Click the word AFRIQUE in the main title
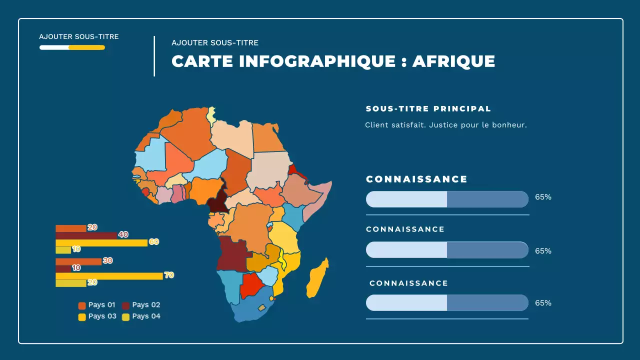click(453, 61)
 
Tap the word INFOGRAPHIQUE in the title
click(317, 61)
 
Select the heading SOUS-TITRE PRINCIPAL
click(428, 108)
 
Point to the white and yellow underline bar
click(72, 47)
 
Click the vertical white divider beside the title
click(154, 56)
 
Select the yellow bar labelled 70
click(109, 275)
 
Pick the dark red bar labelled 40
click(86, 235)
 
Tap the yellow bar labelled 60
click(101, 242)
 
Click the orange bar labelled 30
click(78, 261)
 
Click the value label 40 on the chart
click(123, 234)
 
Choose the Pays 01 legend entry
click(97, 305)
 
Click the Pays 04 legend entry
click(141, 316)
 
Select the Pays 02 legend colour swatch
click(126, 305)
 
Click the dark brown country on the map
click(216, 202)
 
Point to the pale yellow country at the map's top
click(212, 114)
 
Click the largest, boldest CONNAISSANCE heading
click(416, 179)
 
